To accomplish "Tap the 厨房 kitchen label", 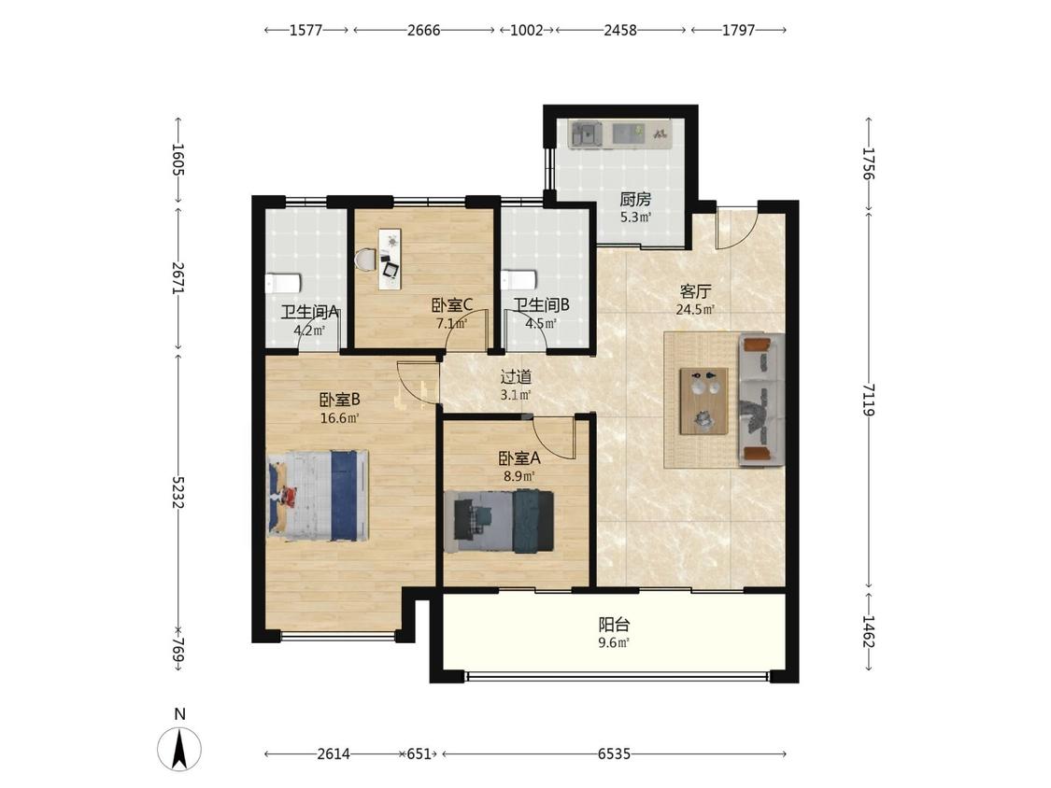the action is click(x=635, y=200).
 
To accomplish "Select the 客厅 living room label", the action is click(x=695, y=291).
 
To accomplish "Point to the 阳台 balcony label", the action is click(x=614, y=626).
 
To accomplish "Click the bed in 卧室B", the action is click(x=318, y=495).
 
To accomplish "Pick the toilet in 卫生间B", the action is click(x=518, y=280).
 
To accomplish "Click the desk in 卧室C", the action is click(x=390, y=260).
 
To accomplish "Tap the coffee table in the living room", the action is click(x=703, y=401).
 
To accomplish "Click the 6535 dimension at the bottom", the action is click(x=614, y=753).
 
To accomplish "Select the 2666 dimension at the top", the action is click(x=423, y=30).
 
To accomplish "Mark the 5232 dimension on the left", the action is click(x=178, y=493).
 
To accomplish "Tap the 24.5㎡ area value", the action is click(x=695, y=310).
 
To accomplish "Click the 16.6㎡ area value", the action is click(x=340, y=419).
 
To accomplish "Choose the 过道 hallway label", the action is click(x=516, y=377).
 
